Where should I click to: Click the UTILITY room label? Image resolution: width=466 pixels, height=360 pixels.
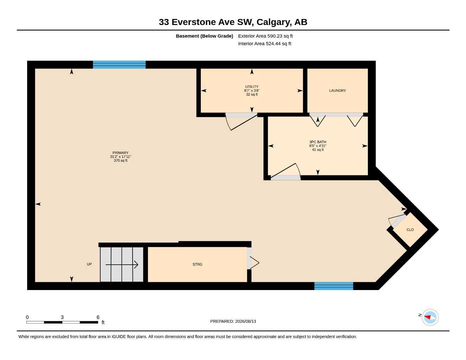coord(252,86)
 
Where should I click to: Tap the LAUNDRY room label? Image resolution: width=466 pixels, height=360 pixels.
coord(337,91)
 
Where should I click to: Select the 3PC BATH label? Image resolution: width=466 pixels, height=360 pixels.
coord(318,142)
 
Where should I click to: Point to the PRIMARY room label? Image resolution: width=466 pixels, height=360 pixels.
coord(120,153)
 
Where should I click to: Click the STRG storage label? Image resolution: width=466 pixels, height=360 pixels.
coord(197,264)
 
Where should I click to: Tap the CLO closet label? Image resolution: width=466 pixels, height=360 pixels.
coord(410,230)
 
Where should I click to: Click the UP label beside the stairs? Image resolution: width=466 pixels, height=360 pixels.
coord(89,264)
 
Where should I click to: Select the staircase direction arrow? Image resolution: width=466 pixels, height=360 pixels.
coord(122,265)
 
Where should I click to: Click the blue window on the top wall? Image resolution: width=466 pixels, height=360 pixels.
coord(119,65)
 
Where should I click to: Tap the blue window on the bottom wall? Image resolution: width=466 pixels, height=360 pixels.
coord(334,286)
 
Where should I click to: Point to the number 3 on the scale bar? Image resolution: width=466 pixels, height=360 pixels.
coord(62,317)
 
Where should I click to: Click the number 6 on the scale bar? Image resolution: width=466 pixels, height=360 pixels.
coord(98,317)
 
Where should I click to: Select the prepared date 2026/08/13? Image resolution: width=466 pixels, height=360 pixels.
coord(245,321)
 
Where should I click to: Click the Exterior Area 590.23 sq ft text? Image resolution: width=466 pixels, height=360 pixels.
coord(265,36)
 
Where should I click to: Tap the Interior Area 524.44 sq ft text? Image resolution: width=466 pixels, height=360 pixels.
coord(264,44)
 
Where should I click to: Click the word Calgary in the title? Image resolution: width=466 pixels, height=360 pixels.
coord(274,22)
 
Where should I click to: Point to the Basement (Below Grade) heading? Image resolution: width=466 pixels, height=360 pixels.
coord(204,36)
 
